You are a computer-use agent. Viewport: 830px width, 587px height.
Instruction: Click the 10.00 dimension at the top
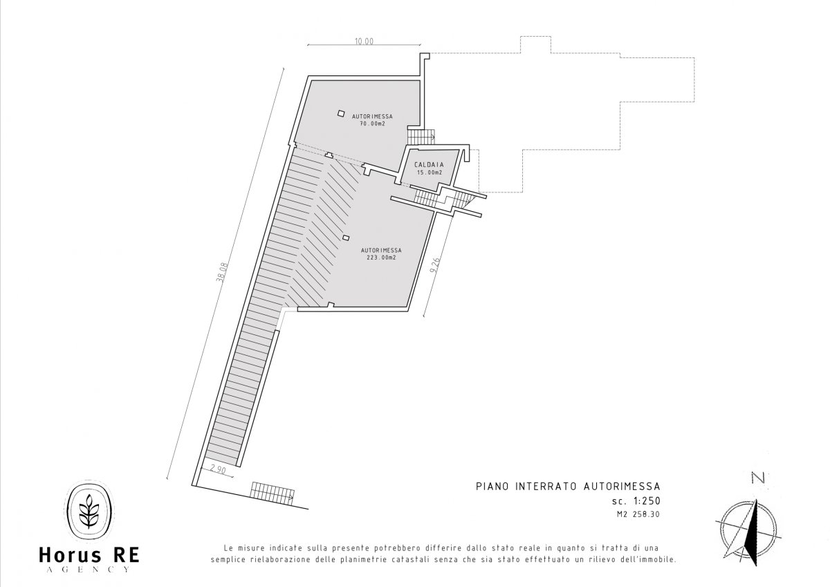[x=365, y=41]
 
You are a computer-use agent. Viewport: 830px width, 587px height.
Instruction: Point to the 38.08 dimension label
[x=222, y=273]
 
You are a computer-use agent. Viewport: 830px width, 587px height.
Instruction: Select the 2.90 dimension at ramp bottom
[x=218, y=470]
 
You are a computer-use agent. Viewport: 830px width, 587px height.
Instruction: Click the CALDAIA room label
[x=429, y=165]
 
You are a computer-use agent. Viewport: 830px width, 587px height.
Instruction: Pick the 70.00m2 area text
[x=372, y=123]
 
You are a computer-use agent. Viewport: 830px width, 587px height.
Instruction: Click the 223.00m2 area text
[x=381, y=258]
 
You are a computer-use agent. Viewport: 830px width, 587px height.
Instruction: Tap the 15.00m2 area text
[x=430, y=172]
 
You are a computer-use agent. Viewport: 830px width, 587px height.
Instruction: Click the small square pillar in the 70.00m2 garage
[x=341, y=113]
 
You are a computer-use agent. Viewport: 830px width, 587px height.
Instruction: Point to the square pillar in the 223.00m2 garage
[x=346, y=237]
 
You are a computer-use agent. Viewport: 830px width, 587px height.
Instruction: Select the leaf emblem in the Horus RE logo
[x=89, y=512]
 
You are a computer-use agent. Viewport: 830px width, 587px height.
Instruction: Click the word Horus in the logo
[x=70, y=555]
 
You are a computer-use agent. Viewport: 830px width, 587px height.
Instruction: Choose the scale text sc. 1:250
[x=636, y=501]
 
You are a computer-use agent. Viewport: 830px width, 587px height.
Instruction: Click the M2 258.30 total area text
[x=638, y=514]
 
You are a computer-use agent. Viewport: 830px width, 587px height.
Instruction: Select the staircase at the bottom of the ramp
[x=273, y=493]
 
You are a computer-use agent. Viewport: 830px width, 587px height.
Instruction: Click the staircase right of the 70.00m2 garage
[x=421, y=135]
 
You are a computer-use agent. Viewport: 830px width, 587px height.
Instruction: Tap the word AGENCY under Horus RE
[x=89, y=570]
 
